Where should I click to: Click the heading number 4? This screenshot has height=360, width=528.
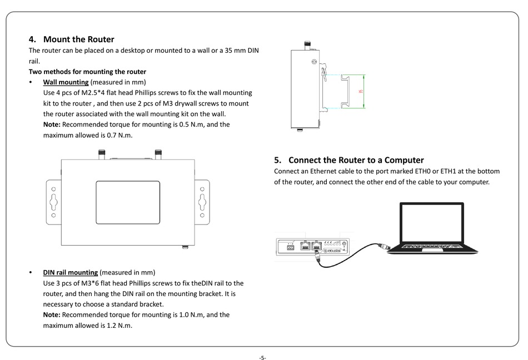(x=32, y=39)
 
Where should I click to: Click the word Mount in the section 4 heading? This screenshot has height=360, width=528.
(x=57, y=39)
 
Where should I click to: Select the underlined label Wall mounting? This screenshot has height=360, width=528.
(x=66, y=82)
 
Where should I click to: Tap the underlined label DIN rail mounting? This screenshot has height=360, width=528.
(x=71, y=272)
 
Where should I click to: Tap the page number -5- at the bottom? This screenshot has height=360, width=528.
(x=262, y=357)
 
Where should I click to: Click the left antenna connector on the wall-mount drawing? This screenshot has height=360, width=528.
(x=101, y=153)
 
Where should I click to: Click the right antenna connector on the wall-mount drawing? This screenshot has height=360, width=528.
(x=158, y=153)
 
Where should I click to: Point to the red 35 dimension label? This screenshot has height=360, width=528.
(x=362, y=92)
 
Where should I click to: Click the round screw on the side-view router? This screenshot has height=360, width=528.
(x=314, y=63)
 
